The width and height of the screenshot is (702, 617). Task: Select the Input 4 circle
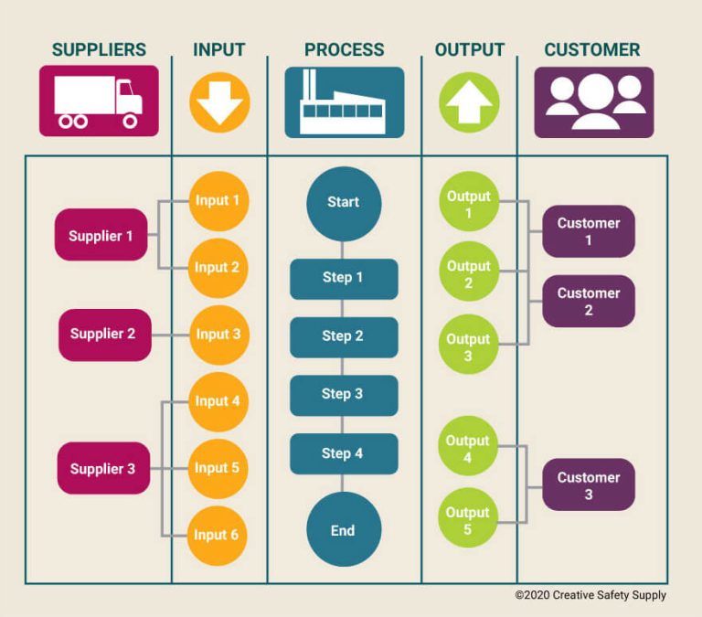[x=218, y=401]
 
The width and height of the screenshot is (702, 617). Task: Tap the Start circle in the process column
[x=344, y=203]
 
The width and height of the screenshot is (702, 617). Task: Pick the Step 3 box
[x=344, y=395]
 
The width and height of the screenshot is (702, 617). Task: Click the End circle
[x=344, y=530]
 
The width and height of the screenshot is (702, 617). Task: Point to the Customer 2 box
[x=589, y=302]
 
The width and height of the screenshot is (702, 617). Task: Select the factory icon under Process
[x=344, y=102]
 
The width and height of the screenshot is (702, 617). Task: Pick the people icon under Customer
[x=593, y=102]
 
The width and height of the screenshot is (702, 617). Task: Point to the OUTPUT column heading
[x=469, y=50]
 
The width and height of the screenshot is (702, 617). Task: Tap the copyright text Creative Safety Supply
[x=590, y=595]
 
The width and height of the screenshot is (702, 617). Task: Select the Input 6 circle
[x=218, y=535]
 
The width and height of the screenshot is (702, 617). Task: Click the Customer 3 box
[x=589, y=485]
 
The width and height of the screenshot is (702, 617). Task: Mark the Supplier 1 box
[x=101, y=236]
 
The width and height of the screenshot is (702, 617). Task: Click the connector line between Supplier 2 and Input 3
[x=170, y=335]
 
